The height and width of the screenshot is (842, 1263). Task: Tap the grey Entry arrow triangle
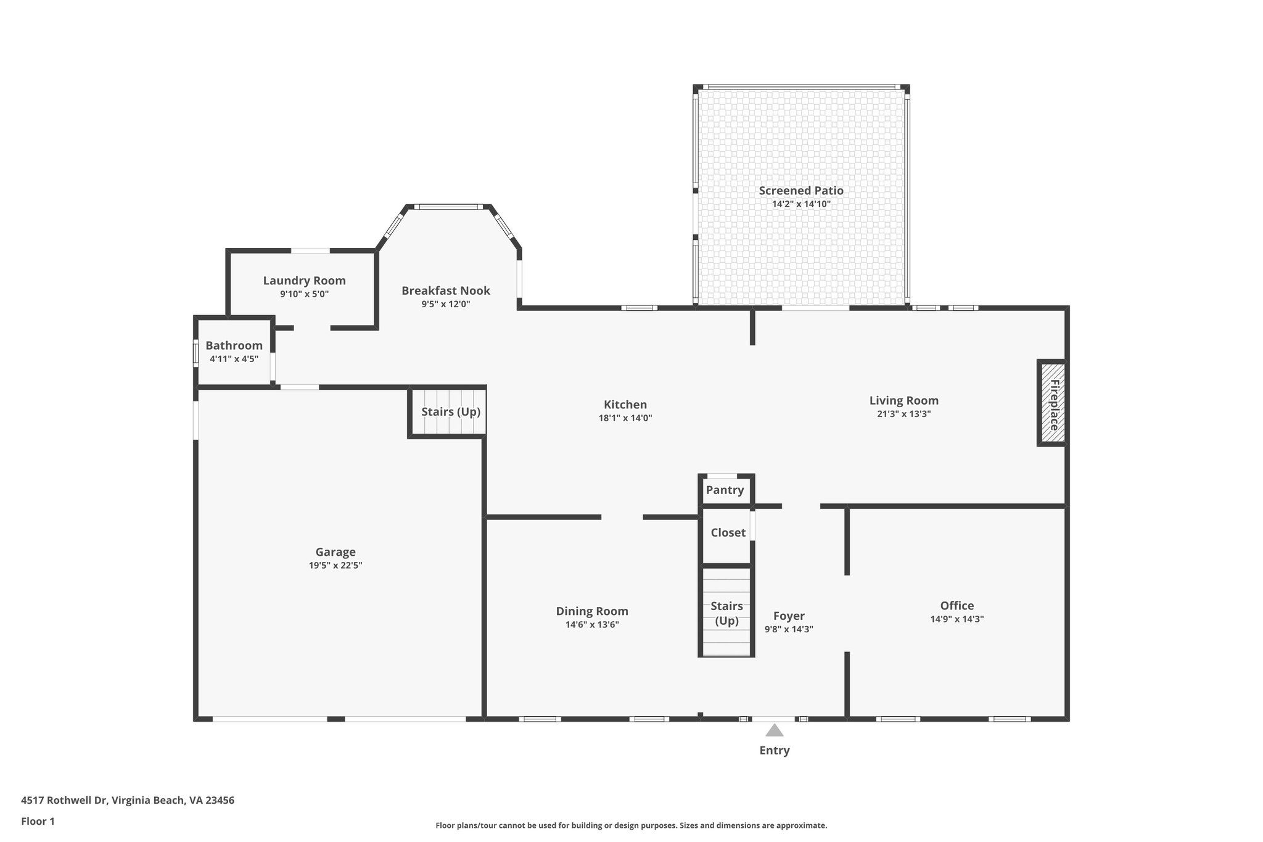click(x=774, y=730)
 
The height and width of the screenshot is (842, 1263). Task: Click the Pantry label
click(x=725, y=490)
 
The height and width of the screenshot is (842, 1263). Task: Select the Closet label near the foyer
click(x=728, y=532)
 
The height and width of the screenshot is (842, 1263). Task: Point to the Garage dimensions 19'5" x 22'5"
click(x=335, y=565)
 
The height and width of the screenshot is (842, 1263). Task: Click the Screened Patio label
click(x=800, y=191)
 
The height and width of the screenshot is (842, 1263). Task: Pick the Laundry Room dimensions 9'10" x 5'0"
click(x=304, y=294)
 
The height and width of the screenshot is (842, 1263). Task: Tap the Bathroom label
click(x=234, y=345)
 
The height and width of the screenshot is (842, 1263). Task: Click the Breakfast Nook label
click(x=445, y=291)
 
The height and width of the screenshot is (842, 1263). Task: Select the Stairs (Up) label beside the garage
click(x=450, y=411)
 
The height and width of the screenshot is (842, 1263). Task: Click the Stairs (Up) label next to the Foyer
click(x=726, y=613)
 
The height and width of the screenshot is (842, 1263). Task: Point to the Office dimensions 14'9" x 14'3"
click(x=957, y=619)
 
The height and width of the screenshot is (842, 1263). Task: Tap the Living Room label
click(x=903, y=400)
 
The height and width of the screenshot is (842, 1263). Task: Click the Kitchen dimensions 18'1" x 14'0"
click(x=625, y=418)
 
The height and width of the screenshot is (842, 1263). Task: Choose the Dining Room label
click(x=591, y=611)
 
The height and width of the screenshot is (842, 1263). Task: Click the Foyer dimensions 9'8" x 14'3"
click(x=789, y=629)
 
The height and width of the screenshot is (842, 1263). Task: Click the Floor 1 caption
click(x=38, y=821)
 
